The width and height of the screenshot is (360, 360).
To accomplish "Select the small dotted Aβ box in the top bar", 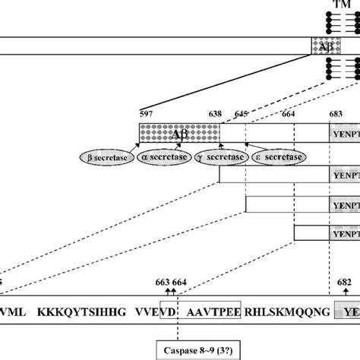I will pos(320,46).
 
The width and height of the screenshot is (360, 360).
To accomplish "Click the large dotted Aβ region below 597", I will pos(179,133).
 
